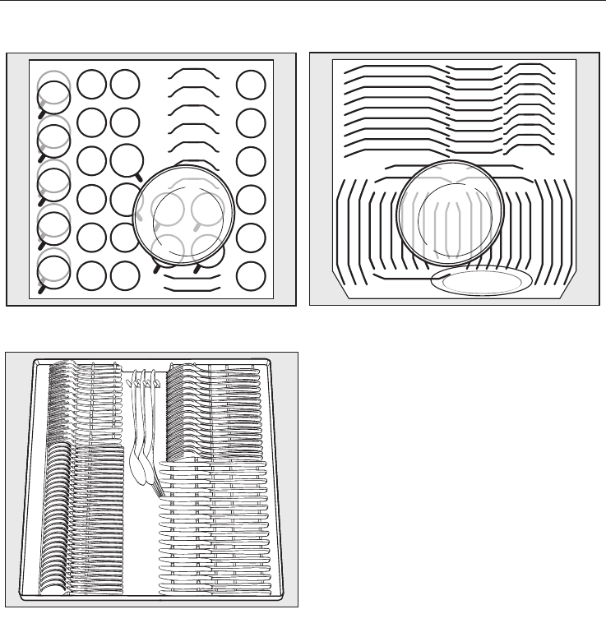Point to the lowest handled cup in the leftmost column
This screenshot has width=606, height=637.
(x=54, y=270)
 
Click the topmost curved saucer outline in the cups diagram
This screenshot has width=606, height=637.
(x=194, y=73)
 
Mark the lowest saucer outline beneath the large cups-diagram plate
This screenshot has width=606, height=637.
(x=192, y=288)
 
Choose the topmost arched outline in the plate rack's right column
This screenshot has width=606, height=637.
(x=530, y=67)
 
